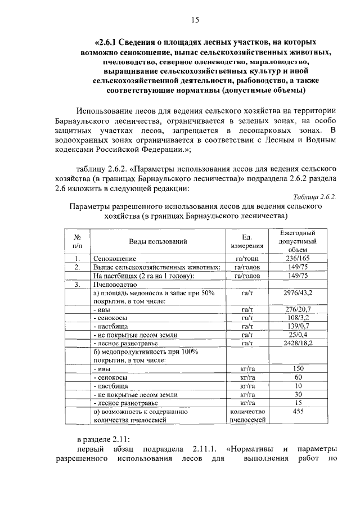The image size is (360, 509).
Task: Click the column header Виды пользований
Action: tap(158, 241)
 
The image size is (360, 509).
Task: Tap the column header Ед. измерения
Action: tap(246, 241)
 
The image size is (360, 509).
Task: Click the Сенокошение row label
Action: tap(115, 259)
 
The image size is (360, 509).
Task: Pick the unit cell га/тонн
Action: tap(246, 259)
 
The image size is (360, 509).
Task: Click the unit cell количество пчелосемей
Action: tap(246, 415)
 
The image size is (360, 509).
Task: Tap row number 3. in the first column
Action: tap(78, 285)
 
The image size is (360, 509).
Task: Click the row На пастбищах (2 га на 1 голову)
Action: tap(144, 276)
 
